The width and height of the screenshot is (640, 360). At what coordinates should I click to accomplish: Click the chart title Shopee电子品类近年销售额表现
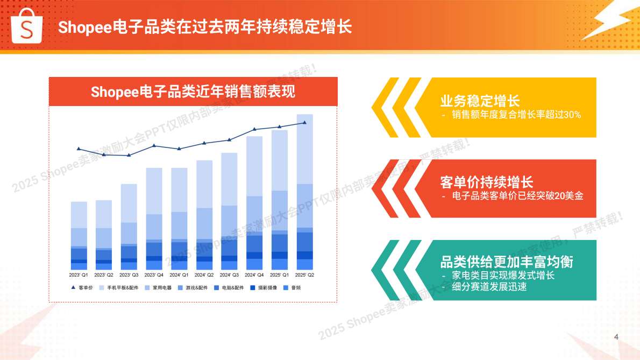pos(193,91)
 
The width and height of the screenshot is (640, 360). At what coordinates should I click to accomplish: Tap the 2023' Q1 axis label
pos(79,275)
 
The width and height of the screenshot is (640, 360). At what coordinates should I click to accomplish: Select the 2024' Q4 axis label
pos(254,275)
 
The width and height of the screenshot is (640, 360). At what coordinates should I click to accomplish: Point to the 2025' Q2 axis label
pos(304,275)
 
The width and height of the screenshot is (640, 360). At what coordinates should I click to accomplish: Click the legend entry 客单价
pos(82,288)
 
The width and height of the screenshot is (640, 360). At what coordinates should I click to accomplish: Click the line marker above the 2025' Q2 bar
pos(304,123)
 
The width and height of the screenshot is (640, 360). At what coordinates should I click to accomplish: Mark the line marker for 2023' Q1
pos(79,149)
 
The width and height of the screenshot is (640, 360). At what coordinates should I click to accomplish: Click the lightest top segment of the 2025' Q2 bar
pos(304,149)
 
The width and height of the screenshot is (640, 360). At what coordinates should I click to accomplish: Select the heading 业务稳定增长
pos(480,101)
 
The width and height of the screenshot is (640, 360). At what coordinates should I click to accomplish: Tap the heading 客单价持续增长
pos(486,182)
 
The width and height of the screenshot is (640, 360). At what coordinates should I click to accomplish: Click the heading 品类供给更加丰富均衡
pos(506,262)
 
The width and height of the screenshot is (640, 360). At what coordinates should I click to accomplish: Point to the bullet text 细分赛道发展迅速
pos(489,287)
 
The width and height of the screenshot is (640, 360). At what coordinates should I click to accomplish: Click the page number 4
pos(616,337)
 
